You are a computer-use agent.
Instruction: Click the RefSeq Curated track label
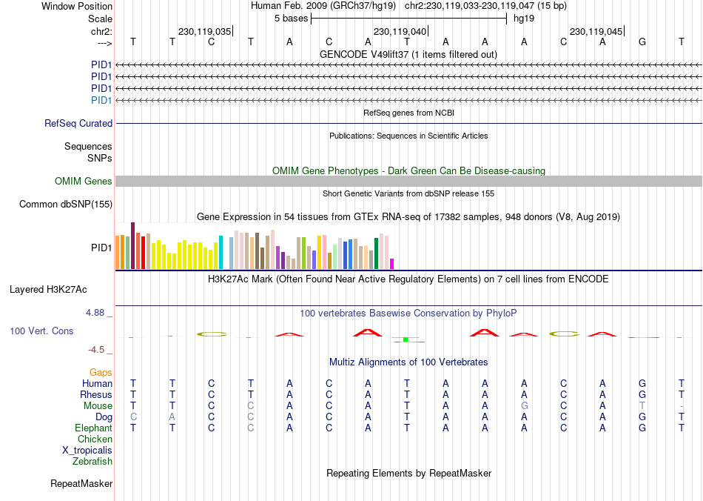coord(78,124)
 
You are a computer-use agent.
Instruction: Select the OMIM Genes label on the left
coord(84,182)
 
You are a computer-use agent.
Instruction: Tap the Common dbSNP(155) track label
coord(66,205)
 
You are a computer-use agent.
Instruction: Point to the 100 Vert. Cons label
coord(41,331)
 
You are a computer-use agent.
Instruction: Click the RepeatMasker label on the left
coord(81,484)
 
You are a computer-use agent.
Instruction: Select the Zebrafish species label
coord(92,462)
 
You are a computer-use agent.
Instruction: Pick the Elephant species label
coord(93,428)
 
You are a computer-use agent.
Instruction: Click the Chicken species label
coord(95,439)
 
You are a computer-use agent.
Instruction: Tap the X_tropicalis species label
coord(87,451)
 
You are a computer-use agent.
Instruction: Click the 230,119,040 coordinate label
coord(400,32)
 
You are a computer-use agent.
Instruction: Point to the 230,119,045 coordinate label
coord(596,32)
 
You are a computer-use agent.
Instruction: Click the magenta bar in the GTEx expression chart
coord(392,263)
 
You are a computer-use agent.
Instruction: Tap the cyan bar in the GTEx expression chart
coord(221,252)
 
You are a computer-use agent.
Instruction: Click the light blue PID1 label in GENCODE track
coord(101,100)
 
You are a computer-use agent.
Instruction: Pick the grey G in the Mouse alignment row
coord(525,406)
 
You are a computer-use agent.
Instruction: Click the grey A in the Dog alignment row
coord(172,417)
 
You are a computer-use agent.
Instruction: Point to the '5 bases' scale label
coord(290,18)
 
